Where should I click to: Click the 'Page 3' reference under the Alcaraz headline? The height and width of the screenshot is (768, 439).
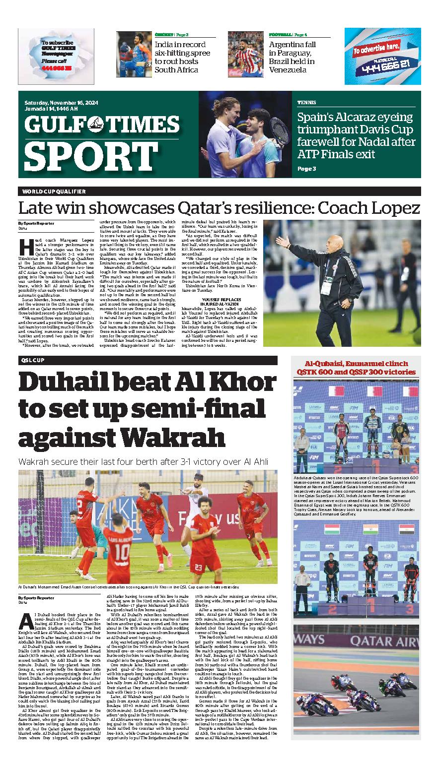click(306, 169)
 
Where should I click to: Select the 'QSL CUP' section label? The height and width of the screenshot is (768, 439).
click(33, 360)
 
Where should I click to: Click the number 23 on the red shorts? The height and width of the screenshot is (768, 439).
click(198, 567)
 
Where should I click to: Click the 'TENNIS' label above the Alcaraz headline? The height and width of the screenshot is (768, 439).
click(307, 102)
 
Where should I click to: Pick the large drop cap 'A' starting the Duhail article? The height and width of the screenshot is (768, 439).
click(27, 622)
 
